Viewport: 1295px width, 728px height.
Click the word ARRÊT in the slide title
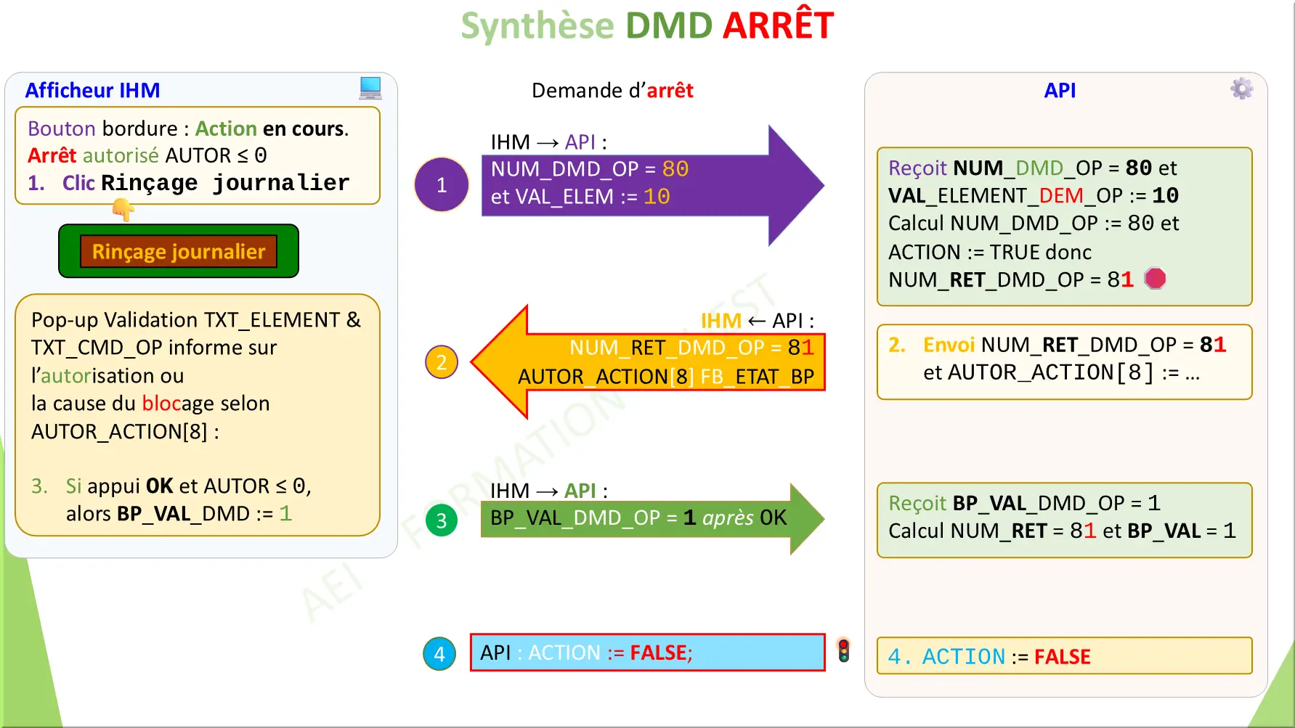point(778,26)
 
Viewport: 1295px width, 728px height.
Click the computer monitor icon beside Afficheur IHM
point(370,88)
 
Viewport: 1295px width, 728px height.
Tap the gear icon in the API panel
point(1241,89)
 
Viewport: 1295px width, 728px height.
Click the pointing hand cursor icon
point(123,210)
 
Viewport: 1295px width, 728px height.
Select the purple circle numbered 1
point(442,185)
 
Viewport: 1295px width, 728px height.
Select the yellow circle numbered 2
point(442,362)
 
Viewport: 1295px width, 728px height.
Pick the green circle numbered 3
point(442,520)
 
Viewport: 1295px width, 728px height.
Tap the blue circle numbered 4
point(439,654)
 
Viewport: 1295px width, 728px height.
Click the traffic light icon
point(843,650)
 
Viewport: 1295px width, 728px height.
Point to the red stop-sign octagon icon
point(1155,279)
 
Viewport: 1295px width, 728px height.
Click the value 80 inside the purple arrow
point(675,169)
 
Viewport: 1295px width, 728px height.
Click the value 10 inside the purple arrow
point(657,197)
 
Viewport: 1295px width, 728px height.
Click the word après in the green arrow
point(728,518)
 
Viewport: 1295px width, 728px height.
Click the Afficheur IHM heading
point(92,90)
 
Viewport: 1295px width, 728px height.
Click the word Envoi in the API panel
point(949,345)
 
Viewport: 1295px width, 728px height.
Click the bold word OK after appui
point(159,486)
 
